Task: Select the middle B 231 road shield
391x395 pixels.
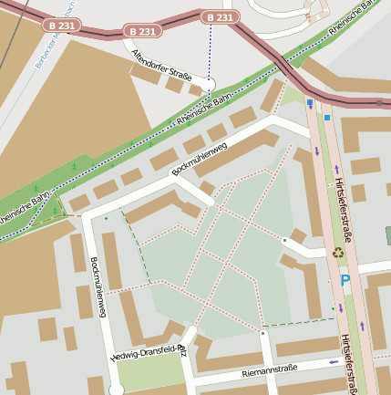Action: [x=142, y=31]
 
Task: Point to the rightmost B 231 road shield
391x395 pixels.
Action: [x=220, y=17]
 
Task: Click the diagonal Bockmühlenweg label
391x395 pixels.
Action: [x=199, y=157]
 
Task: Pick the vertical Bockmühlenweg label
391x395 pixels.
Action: [x=98, y=287]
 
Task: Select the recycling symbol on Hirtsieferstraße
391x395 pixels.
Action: [x=338, y=253]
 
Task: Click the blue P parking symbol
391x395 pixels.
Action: [x=345, y=284]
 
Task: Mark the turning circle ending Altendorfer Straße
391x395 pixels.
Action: [x=209, y=83]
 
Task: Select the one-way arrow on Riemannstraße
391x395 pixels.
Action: [x=333, y=362]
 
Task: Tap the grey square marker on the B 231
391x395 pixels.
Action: [x=379, y=103]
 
